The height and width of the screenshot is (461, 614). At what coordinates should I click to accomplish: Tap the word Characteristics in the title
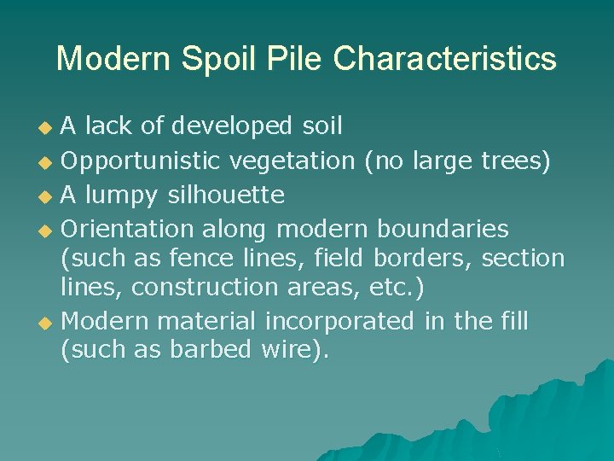pyautogui.click(x=444, y=59)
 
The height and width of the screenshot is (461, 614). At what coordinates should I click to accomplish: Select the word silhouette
pyautogui.click(x=225, y=195)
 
